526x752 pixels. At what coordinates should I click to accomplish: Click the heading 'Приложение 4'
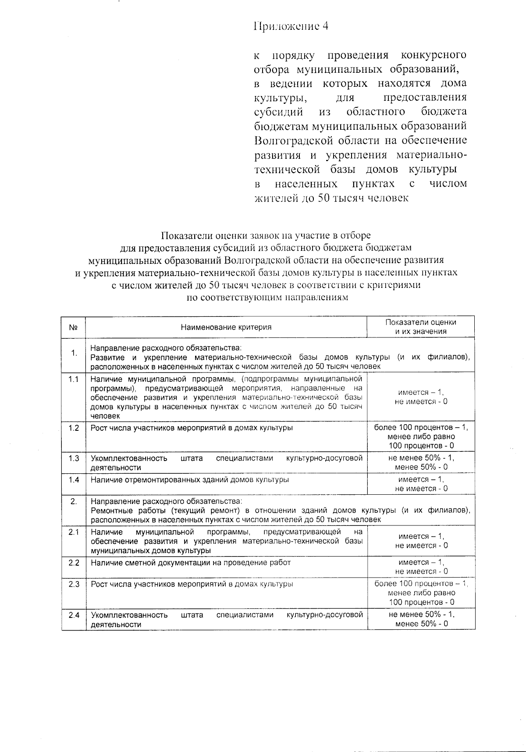pos(291,26)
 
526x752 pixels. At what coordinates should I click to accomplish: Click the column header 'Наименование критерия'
pos(226,327)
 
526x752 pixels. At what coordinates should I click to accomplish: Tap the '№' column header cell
pos(74,327)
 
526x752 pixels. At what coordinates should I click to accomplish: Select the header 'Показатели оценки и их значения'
pos(420,327)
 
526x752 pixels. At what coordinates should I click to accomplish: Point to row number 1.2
pos(74,428)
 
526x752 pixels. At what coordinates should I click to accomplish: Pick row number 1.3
pos(74,458)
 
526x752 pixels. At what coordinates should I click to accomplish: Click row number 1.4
pos(74,480)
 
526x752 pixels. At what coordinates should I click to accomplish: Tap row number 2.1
pos(74,532)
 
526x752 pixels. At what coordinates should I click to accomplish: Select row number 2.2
pos(74,563)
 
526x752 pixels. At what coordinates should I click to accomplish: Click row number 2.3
pos(74,584)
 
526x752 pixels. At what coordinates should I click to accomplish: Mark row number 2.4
pos(74,615)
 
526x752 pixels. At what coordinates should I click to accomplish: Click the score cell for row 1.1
pos(421,397)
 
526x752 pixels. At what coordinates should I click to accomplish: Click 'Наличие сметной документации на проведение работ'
pos(191,563)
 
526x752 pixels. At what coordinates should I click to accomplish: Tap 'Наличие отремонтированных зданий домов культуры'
pos(189,480)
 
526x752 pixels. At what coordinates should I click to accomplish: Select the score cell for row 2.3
pos(421,593)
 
